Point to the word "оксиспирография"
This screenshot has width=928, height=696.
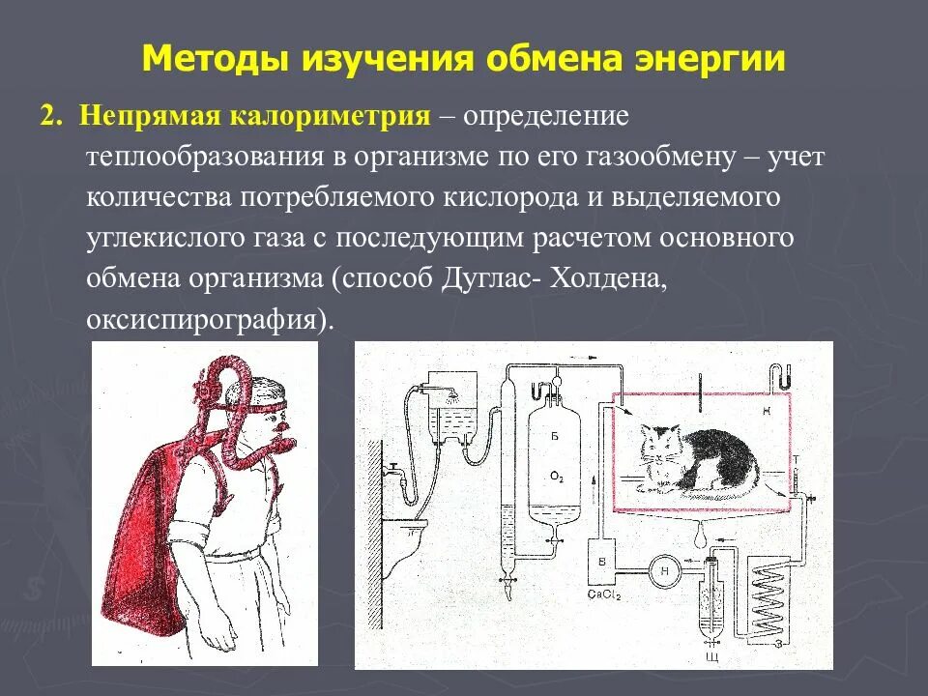[203, 319]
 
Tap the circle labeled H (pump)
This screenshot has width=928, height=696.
[664, 569]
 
